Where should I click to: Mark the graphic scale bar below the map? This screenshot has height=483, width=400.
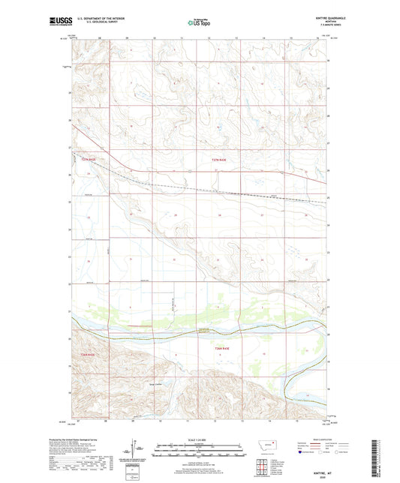point(199,451)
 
